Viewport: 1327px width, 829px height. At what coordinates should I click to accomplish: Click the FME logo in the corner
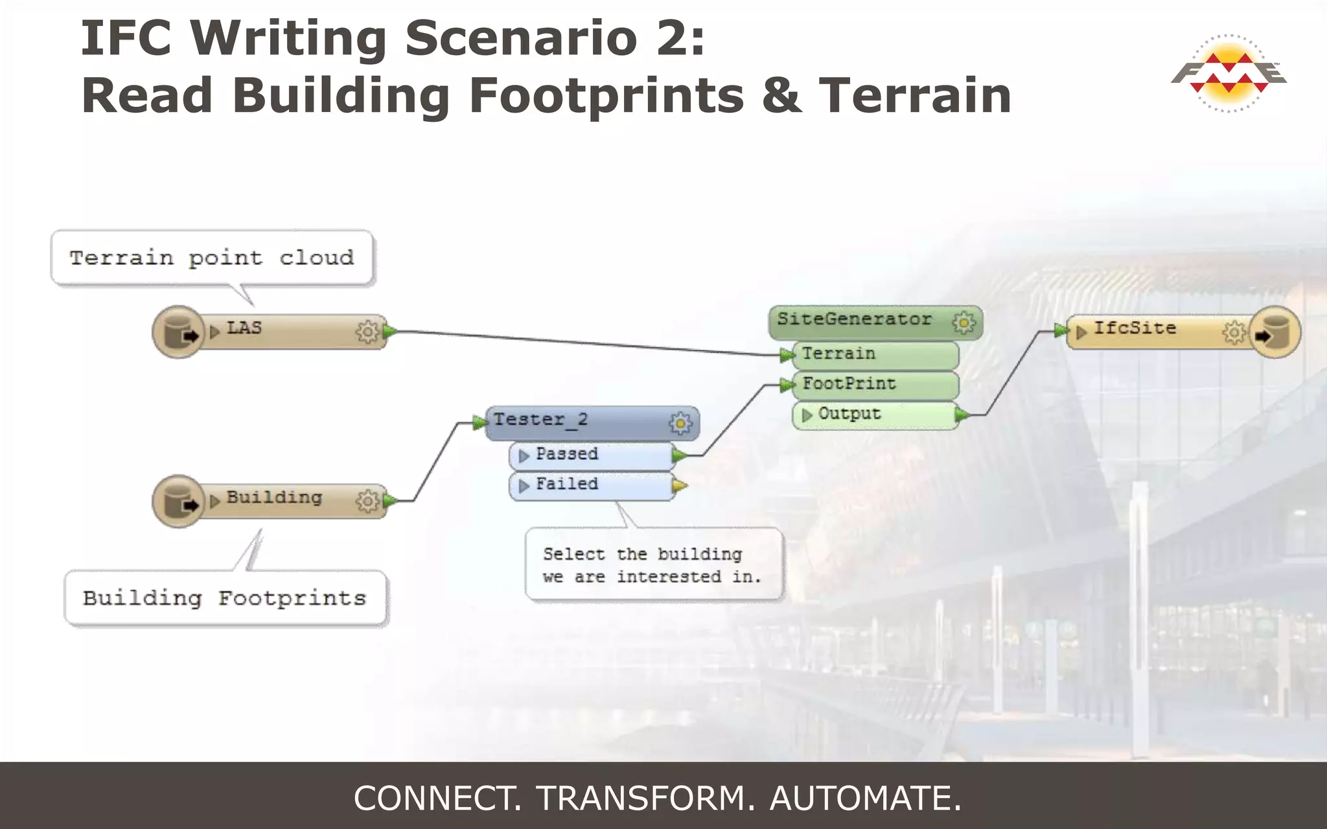point(1228,73)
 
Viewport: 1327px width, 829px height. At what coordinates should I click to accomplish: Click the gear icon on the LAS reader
point(367,331)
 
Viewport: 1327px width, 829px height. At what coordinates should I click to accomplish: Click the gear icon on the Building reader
point(367,500)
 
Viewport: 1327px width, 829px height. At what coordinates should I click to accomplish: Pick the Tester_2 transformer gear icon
point(680,423)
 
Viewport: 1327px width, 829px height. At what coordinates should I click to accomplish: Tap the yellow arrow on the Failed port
point(680,485)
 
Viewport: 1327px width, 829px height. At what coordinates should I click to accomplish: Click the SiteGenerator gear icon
point(964,322)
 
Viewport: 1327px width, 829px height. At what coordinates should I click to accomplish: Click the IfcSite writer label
point(1135,328)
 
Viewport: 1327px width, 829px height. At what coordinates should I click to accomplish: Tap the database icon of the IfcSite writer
point(1274,332)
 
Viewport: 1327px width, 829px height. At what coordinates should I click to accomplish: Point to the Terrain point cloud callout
point(212,258)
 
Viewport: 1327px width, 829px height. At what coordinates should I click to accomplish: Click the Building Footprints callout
point(225,598)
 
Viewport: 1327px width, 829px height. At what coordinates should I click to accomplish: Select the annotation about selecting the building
point(653,565)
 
